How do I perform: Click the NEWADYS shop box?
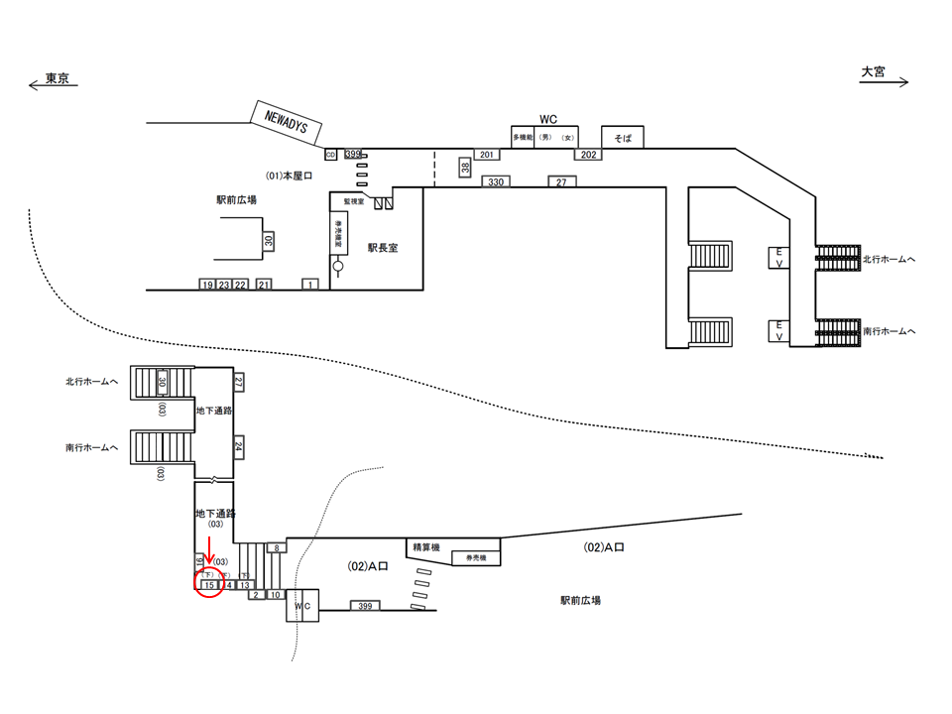(287, 119)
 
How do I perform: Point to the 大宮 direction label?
(873, 72)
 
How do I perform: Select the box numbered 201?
(486, 155)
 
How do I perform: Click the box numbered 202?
(588, 155)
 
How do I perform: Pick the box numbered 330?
(496, 181)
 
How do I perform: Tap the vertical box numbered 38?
(464, 168)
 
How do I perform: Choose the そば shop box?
(623, 137)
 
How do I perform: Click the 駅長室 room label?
(382, 248)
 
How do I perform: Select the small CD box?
(331, 155)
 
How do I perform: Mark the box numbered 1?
(309, 285)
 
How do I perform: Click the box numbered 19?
(207, 285)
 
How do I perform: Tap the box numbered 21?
(264, 285)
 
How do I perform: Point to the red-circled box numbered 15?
(209, 585)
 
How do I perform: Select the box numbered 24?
(239, 448)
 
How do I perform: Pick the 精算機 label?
(424, 546)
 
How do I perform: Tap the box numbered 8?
(278, 547)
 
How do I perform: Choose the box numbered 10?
(277, 595)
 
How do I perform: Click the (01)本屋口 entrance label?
(290, 176)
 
